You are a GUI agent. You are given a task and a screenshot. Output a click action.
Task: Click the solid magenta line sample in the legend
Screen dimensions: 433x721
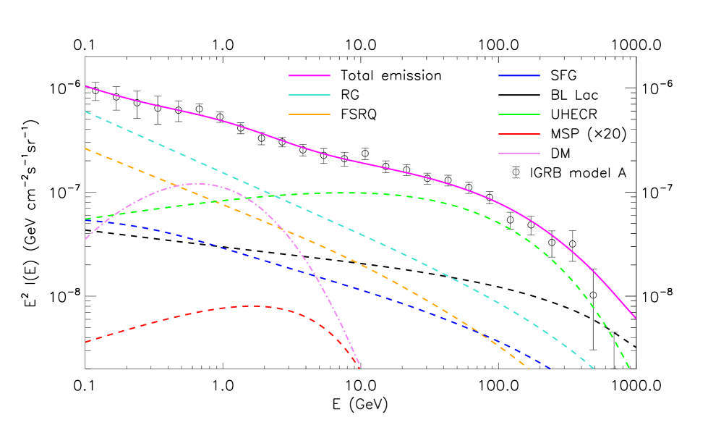point(310,75)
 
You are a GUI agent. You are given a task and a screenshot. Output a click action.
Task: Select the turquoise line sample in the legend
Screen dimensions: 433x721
point(310,95)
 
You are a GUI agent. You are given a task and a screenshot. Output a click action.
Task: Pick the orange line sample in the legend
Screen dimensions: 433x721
point(310,114)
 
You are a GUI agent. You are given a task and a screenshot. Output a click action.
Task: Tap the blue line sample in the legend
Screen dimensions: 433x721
point(519,75)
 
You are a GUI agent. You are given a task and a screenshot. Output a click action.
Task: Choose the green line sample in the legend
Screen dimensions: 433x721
point(519,114)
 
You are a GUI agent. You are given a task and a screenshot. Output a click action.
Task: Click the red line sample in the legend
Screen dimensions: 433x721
point(519,134)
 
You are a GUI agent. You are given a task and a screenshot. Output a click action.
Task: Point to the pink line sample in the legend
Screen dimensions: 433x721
point(519,154)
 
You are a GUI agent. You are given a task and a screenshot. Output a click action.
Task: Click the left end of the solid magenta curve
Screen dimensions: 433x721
point(86,86)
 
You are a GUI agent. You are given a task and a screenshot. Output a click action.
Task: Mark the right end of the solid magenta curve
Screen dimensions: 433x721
point(636,318)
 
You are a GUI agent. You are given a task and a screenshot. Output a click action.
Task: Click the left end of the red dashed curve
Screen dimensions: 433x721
point(86,342)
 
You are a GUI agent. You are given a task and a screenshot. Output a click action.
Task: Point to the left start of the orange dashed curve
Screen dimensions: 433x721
point(86,148)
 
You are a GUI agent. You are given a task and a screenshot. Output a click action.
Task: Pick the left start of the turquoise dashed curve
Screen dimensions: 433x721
point(86,112)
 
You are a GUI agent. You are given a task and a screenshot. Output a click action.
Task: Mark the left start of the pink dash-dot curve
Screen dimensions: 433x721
point(86,238)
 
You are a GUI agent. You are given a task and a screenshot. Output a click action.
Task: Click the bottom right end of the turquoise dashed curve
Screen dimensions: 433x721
point(594,369)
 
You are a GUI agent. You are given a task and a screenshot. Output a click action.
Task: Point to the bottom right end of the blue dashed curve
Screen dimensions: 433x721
point(551,369)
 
